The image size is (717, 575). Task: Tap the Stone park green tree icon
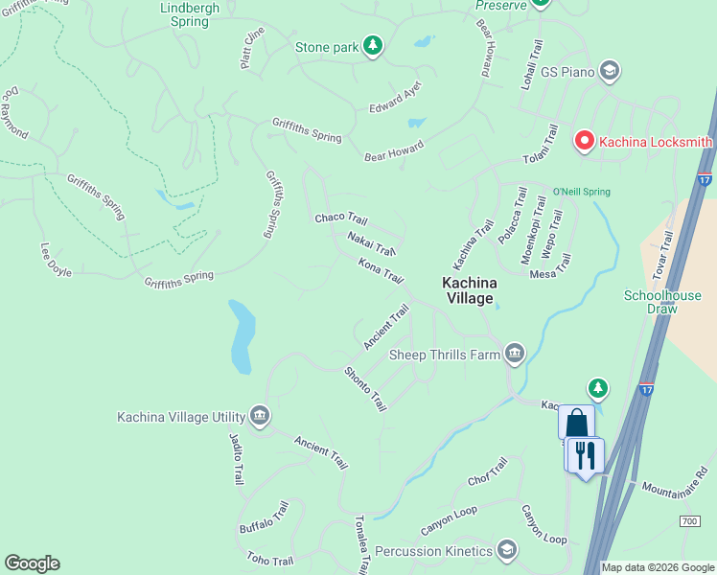pos(373,46)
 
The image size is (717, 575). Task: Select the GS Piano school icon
pos(608,70)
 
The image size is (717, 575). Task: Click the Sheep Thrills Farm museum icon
pos(516,355)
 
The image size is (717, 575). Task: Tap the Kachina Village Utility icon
pos(259,416)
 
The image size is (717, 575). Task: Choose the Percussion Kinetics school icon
pos(507,550)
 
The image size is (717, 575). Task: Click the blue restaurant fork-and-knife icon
pos(584,454)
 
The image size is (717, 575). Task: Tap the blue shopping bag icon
pos(576,423)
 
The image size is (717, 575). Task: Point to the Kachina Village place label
pos(468,290)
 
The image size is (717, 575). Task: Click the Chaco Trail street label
pos(341,218)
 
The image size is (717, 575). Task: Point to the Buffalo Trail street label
pos(264,517)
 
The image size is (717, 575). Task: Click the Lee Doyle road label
pos(56,260)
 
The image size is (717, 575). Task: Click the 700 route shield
pos(689,520)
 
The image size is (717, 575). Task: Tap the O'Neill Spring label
pos(581,192)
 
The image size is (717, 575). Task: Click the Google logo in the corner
pos(32,563)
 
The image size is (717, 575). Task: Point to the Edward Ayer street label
pos(395,98)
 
